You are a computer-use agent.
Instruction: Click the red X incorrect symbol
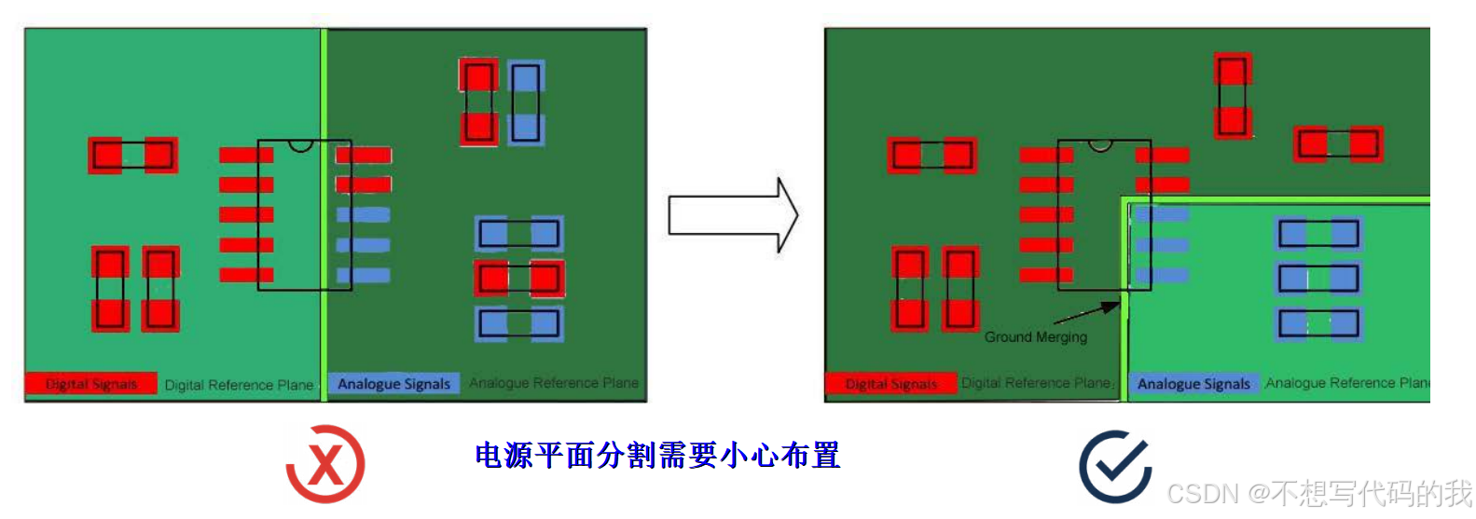pos(324,464)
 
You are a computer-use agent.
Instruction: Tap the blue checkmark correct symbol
pos(1115,466)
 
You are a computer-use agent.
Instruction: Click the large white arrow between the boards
pos(733,215)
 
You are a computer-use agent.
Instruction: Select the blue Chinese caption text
pos(657,456)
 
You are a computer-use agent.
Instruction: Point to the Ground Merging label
pos(1035,336)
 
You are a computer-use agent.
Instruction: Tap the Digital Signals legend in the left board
pos(90,384)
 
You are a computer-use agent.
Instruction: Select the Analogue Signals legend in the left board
pos(393,384)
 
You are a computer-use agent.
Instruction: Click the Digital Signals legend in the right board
pos(890,384)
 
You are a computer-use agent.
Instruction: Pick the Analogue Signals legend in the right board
pos(1193,384)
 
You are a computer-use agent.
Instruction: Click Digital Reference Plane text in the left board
pos(239,385)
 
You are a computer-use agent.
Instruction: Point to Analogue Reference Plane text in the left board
pos(553,383)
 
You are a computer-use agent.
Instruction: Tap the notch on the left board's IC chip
pos(300,144)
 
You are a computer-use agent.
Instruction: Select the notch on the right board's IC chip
pos(1100,144)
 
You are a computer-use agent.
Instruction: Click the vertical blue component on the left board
pos(526,102)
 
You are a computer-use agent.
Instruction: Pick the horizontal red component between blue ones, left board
pos(519,278)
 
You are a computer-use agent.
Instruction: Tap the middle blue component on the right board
pos(1318,278)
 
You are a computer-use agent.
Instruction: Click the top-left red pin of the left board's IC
pos(244,155)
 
